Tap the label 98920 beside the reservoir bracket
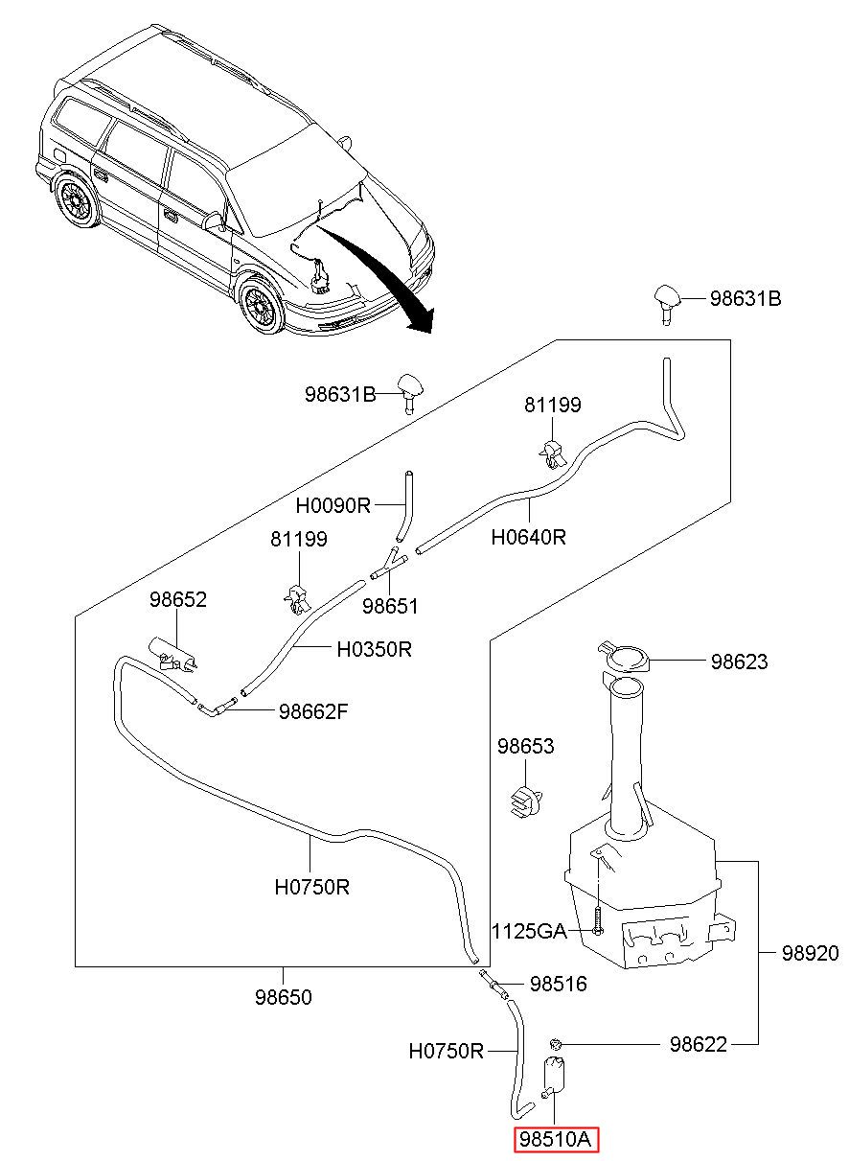tap(810, 954)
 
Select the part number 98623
tap(739, 662)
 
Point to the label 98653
tap(526, 746)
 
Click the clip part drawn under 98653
tap(525, 801)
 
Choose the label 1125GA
tap(529, 932)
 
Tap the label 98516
tap(559, 984)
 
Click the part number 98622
tap(699, 1044)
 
